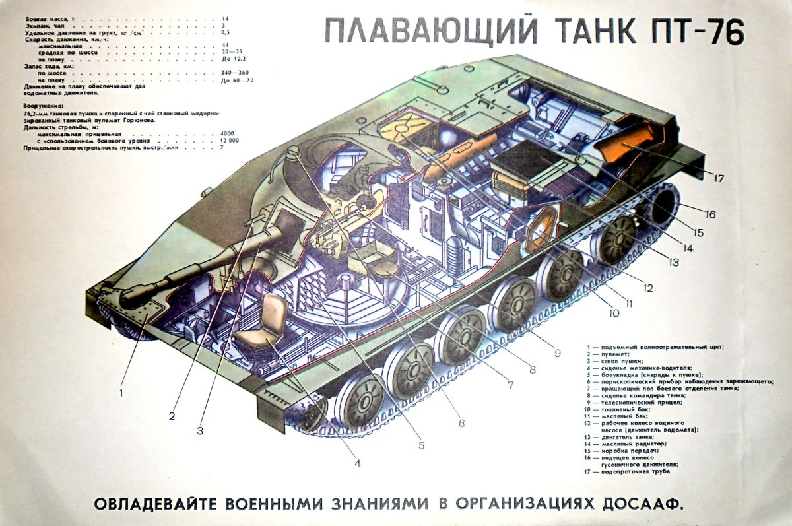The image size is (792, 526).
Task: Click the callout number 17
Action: click(719, 176)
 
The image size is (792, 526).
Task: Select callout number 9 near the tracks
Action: click(557, 354)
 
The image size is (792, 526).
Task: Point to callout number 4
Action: click(357, 463)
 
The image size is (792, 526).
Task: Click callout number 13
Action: click(673, 262)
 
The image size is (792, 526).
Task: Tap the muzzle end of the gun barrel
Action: click(131, 296)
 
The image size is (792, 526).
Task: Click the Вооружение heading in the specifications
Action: click(44, 105)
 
